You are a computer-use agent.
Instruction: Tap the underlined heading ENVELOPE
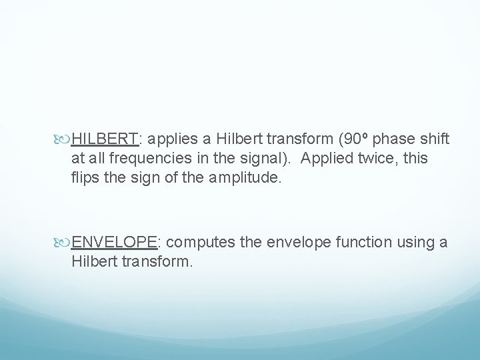[113, 242]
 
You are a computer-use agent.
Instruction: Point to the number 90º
[351, 139]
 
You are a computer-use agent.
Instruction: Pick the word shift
[435, 139]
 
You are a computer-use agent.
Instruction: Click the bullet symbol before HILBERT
[65, 140]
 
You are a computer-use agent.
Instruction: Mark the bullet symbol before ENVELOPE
[65, 242]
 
